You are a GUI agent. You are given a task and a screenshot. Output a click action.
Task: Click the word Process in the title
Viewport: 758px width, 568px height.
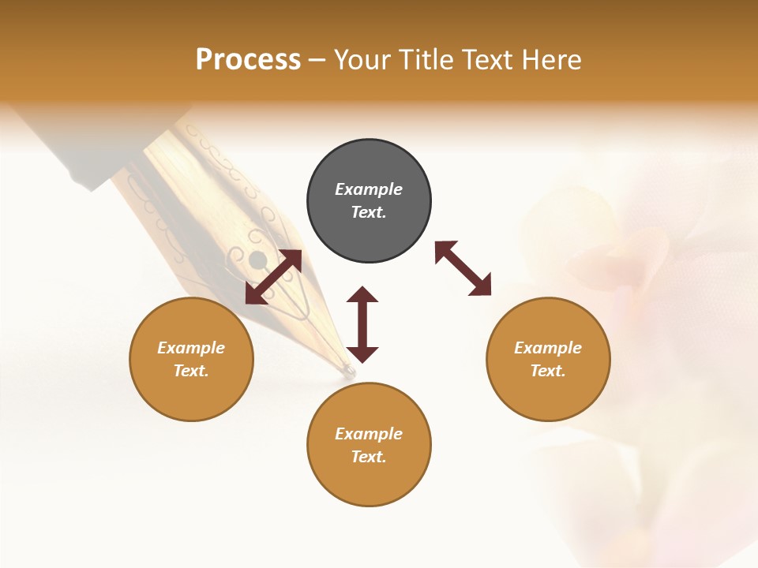[248, 60]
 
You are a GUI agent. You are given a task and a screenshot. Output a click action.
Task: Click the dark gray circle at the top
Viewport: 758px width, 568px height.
[369, 229]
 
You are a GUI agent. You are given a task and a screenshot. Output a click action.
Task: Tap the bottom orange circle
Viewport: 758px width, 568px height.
[369, 481]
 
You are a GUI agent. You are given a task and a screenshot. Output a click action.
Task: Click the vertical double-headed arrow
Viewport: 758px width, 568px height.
[362, 324]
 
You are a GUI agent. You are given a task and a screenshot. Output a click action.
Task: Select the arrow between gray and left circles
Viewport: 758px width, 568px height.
[273, 277]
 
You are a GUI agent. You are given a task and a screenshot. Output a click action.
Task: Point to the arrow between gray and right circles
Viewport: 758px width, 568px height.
[463, 268]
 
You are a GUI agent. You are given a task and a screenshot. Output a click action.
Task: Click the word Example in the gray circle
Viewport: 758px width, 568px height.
[369, 189]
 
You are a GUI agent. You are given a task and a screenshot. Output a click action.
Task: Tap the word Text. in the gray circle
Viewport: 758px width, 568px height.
[369, 212]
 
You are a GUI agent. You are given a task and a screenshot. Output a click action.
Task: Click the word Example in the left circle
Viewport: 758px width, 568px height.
[191, 348]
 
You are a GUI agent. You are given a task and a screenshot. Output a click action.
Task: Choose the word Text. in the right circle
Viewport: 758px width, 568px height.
[548, 371]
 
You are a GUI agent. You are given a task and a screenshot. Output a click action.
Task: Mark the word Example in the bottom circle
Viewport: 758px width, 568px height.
[369, 434]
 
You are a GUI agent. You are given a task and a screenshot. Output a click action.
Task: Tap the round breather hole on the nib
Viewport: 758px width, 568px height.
[257, 259]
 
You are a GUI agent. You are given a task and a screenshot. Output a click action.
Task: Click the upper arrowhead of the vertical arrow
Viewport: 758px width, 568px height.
[362, 294]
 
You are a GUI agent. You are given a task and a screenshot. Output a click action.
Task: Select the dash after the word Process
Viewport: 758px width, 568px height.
[317, 61]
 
